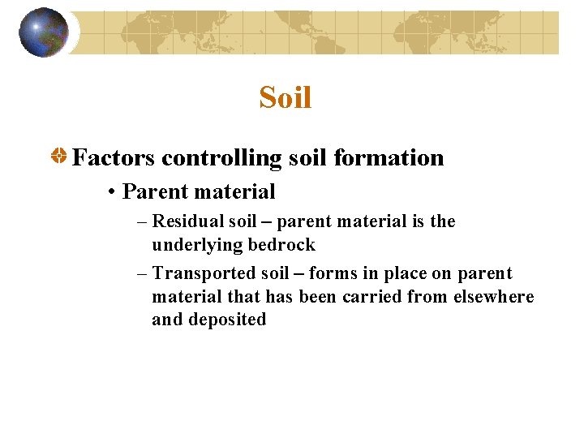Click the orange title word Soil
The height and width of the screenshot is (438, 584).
point(285,98)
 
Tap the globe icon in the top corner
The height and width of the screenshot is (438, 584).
point(44,32)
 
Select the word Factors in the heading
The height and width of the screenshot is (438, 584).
point(114,157)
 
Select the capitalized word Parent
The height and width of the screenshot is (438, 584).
point(151,192)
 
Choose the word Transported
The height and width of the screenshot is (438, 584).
point(197,274)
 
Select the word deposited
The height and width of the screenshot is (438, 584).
point(227,320)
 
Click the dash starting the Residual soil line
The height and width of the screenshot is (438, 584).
point(142,221)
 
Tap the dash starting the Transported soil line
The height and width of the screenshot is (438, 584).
point(142,274)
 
